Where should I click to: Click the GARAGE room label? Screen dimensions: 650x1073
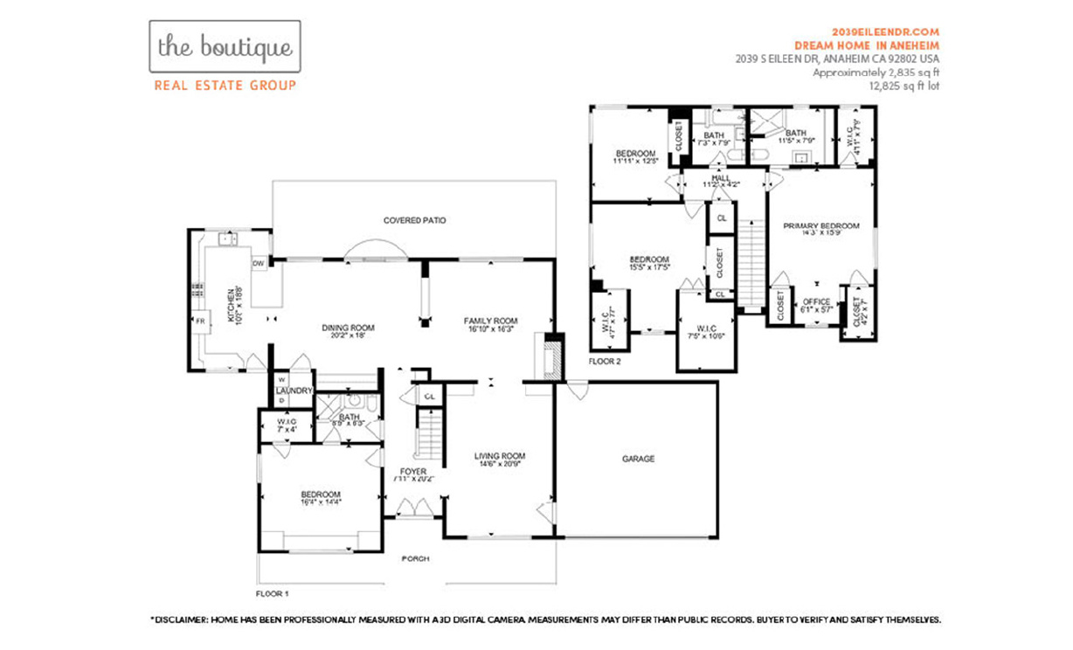pyautogui.click(x=638, y=459)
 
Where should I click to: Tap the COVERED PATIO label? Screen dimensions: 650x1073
pyautogui.click(x=414, y=220)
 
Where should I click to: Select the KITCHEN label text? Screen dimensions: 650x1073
pyautogui.click(x=232, y=307)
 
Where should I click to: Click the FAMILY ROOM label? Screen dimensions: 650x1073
pyautogui.click(x=490, y=321)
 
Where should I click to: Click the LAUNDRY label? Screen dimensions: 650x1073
pyautogui.click(x=294, y=391)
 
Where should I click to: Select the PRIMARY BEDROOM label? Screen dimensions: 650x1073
pyautogui.click(x=820, y=226)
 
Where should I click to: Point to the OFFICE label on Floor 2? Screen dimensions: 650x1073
pyautogui.click(x=816, y=302)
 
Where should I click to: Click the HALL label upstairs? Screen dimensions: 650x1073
pyautogui.click(x=720, y=178)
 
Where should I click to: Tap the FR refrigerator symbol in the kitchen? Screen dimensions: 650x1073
pyautogui.click(x=200, y=322)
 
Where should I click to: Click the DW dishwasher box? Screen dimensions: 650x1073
pyautogui.click(x=259, y=263)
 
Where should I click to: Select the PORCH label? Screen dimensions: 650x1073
pyautogui.click(x=415, y=559)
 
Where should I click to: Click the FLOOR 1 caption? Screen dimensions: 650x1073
pyautogui.click(x=272, y=593)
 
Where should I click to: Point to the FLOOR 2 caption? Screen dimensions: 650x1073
pyautogui.click(x=604, y=361)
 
